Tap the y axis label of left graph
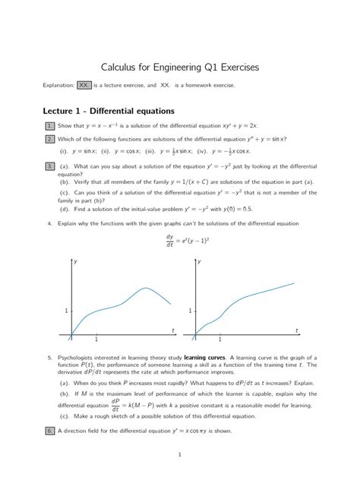[76, 262]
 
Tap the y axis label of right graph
[200, 262]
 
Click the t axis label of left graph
[172, 329]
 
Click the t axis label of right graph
[296, 329]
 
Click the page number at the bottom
[179, 454]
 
